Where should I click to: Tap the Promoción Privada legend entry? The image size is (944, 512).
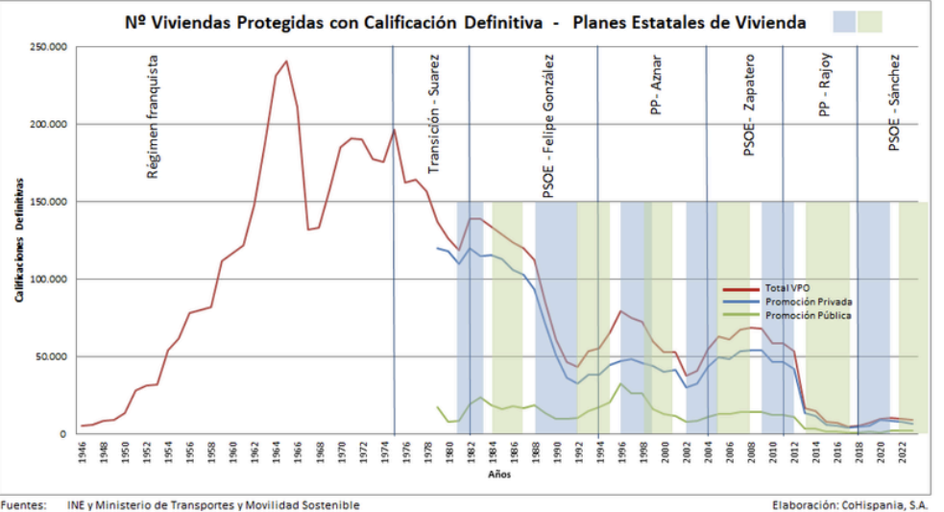pos(808,302)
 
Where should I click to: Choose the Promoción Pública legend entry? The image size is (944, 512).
pos(808,314)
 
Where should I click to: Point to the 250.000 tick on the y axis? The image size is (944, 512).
pos(48,47)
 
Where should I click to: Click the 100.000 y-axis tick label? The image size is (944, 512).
pos(48,280)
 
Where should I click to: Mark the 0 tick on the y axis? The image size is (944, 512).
pos(62,434)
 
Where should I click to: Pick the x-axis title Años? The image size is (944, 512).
pos(494,475)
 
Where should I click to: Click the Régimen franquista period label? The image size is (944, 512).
pos(152,116)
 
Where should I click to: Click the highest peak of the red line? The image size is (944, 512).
pos(285,61)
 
